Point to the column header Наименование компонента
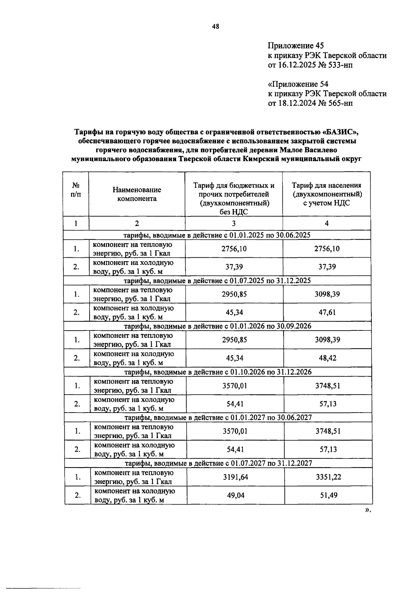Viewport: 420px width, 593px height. pos(137,194)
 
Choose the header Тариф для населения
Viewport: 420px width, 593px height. pos(327,185)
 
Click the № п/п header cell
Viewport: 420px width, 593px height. pos(76,190)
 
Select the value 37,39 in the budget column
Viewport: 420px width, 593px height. pos(234,267)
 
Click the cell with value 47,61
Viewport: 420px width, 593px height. pos(327,312)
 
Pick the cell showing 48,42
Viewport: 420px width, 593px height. pos(327,358)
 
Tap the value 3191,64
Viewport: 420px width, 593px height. pos(235,477)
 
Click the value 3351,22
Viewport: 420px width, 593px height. pos(328,477)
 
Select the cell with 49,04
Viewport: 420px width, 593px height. pos(236,495)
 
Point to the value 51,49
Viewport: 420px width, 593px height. pos(328,495)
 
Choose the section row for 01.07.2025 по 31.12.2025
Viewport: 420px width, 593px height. pos(217,280)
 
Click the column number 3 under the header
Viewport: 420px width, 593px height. pos(233,223)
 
